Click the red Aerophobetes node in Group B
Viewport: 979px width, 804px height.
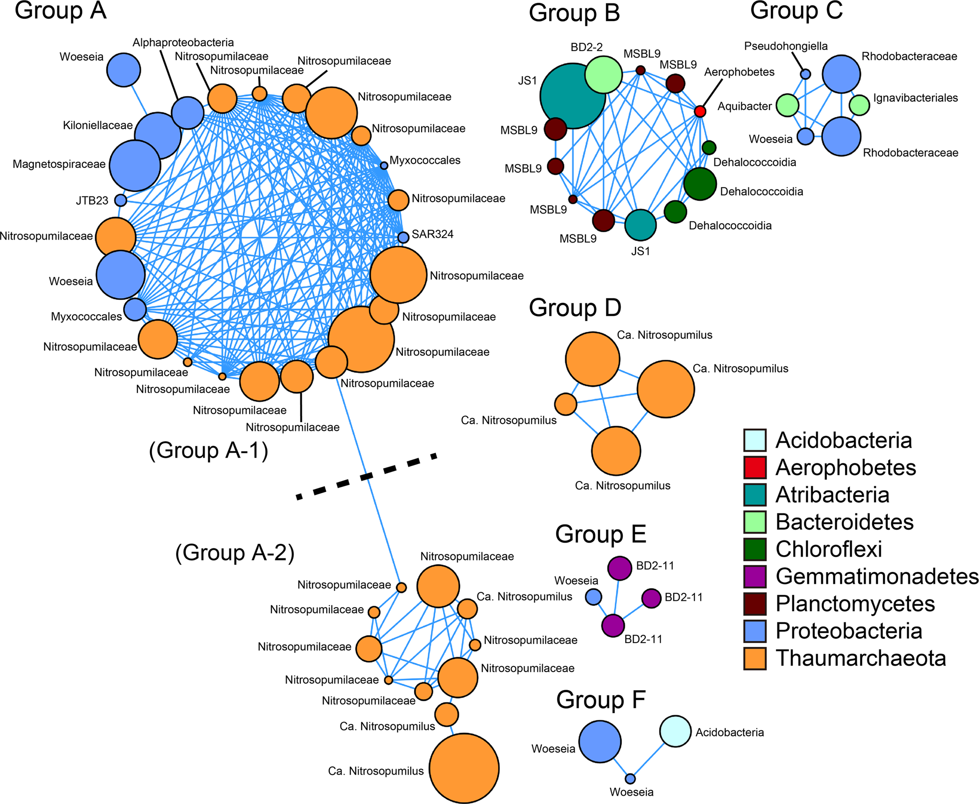click(700, 111)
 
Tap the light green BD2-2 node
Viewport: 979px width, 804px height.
click(604, 75)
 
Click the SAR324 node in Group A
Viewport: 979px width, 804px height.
click(403, 238)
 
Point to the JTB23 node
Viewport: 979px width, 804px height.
click(120, 200)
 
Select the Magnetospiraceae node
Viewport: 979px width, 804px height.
click(134, 165)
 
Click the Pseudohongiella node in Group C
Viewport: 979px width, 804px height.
click(805, 74)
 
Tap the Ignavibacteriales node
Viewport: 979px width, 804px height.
click(859, 105)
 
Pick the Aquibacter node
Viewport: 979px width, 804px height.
click(788, 105)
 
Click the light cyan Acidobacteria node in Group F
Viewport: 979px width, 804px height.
click(675, 731)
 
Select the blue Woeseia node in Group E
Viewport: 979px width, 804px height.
click(594, 597)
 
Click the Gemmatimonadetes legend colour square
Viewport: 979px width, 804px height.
click(755, 577)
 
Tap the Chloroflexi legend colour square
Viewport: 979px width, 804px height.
click(755, 549)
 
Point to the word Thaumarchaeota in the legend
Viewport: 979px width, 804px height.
click(861, 659)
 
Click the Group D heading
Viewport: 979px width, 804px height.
click(575, 308)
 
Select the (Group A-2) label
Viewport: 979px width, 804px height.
click(235, 553)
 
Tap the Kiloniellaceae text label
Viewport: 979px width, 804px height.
click(98, 126)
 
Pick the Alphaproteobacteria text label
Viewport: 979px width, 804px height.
click(183, 43)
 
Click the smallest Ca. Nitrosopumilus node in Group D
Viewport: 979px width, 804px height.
click(565, 404)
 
